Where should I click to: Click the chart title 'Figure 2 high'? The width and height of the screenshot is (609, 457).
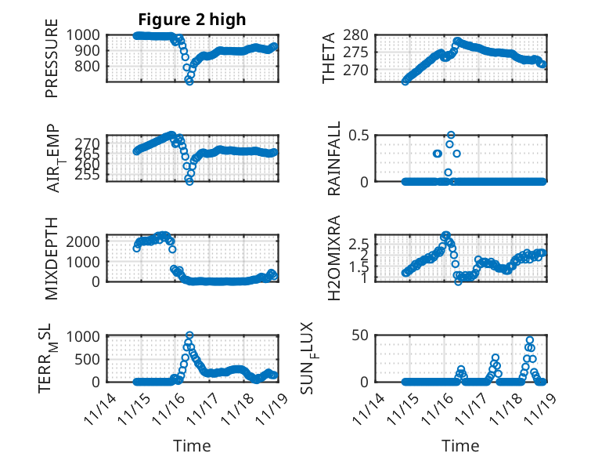click(x=192, y=19)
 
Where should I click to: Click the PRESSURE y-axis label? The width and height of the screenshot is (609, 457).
click(x=52, y=63)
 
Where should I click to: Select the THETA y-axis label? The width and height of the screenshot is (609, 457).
click(x=329, y=58)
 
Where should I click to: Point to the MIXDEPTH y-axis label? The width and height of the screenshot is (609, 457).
click(x=52, y=258)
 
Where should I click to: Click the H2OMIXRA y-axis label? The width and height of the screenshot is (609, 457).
click(x=330, y=258)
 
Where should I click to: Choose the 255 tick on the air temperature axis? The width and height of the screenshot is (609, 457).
click(x=89, y=175)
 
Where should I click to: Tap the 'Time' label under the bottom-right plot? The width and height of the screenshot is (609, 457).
click(x=459, y=446)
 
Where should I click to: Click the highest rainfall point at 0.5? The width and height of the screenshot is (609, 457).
click(x=450, y=135)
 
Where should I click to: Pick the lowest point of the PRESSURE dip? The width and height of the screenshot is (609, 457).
click(x=189, y=81)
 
